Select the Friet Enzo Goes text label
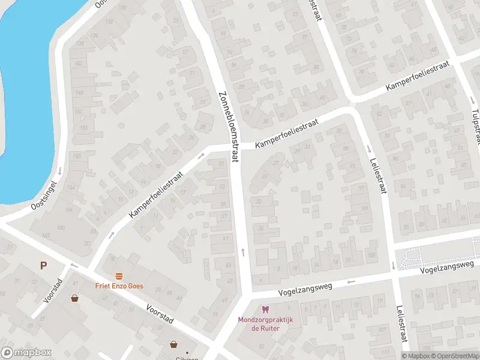(119, 286)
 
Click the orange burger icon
(119, 276)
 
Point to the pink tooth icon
(265, 310)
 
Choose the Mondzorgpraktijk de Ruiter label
(265, 324)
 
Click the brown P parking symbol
(43, 265)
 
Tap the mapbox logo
(26, 353)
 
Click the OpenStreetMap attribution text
(452, 356)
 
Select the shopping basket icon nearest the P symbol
(75, 298)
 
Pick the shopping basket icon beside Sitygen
(174, 344)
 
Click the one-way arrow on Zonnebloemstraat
(243, 251)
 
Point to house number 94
(169, 292)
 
